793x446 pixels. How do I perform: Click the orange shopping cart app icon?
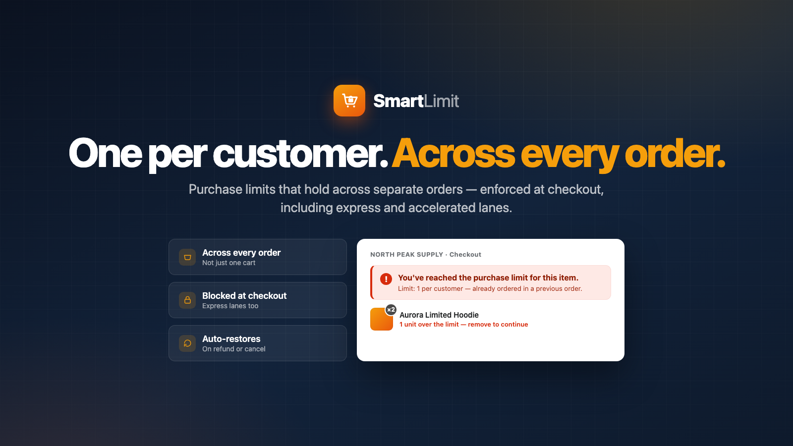click(349, 101)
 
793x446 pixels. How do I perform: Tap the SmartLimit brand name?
click(416, 101)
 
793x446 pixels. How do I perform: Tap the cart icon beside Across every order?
click(187, 257)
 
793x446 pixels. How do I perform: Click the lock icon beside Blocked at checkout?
click(187, 300)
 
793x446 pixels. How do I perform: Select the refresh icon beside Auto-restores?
click(187, 343)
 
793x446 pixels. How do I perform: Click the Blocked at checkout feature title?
click(244, 295)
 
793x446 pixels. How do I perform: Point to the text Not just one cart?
click(228, 263)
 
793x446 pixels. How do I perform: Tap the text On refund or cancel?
click(233, 349)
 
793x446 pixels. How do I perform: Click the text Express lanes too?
click(230, 306)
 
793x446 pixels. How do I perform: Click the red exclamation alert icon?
click(386, 279)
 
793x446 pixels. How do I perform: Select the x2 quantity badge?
click(391, 310)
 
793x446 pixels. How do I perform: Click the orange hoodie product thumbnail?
click(381, 319)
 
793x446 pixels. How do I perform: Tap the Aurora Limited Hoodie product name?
click(439, 315)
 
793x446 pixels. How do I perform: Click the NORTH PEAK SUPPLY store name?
click(407, 255)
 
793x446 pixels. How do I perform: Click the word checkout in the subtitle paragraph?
click(575, 189)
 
